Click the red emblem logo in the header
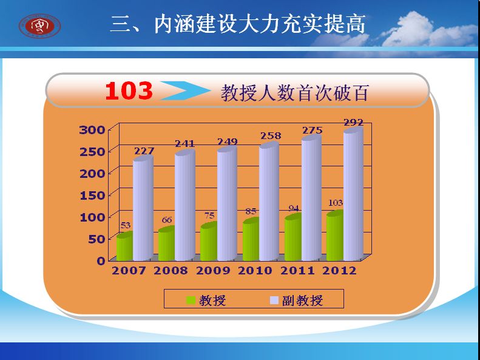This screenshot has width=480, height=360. (40, 26)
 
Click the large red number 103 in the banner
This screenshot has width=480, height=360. (129, 91)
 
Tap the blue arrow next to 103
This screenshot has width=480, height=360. (186, 90)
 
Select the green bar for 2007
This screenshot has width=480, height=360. (124, 246)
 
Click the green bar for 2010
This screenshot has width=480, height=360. (251, 239)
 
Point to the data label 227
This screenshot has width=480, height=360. (144, 151)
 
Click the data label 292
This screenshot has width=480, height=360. (354, 123)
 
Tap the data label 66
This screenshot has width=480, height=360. (167, 220)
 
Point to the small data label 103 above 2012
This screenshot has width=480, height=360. (336, 203)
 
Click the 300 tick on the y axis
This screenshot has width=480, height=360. (92, 130)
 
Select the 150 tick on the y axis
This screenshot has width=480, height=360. (92, 195)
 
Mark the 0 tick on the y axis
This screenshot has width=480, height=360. (101, 261)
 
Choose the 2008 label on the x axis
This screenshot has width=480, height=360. (171, 271)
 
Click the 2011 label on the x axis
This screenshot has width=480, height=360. (297, 271)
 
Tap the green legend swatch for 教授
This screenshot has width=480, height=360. (191, 300)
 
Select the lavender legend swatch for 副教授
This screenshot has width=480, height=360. (274, 300)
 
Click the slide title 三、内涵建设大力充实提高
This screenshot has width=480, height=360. (238, 24)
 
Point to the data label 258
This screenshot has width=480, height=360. (271, 135)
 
